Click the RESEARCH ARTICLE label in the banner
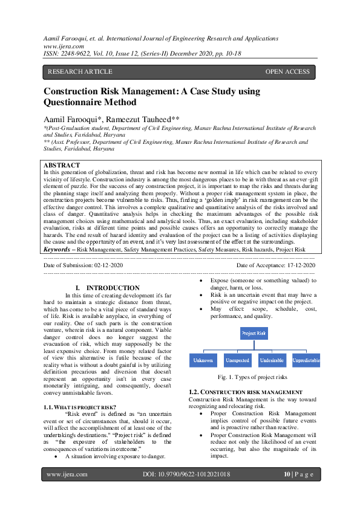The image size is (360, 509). click(x=80, y=72)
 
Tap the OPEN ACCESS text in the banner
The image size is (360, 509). click(x=287, y=72)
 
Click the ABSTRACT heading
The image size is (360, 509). click(x=62, y=165)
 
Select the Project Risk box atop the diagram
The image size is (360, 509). click(x=253, y=333)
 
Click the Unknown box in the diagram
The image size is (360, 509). click(x=203, y=360)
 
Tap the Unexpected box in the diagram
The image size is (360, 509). click(x=237, y=360)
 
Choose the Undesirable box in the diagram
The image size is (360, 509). click(x=272, y=360)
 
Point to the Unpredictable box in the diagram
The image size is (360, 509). click(x=306, y=360)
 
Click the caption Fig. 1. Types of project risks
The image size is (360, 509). click(x=254, y=377)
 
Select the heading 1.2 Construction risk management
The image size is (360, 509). click(x=246, y=392)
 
